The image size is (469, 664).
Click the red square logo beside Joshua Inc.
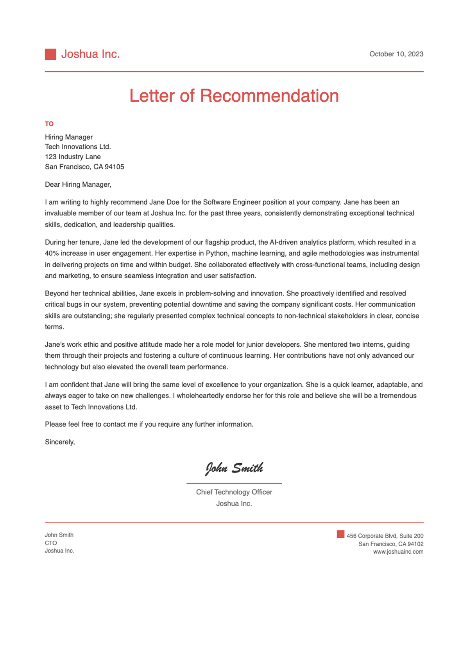pyautogui.click(x=50, y=54)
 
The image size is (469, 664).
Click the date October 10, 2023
pyautogui.click(x=396, y=54)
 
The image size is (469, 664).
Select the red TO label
pyautogui.click(x=49, y=124)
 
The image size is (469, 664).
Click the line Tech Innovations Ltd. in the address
pyautogui.click(x=78, y=147)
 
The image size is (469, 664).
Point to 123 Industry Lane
pyautogui.click(x=73, y=157)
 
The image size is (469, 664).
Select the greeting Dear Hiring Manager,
pyautogui.click(x=78, y=185)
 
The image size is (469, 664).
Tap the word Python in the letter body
pyautogui.click(x=217, y=254)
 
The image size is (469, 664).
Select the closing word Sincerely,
pyautogui.click(x=60, y=442)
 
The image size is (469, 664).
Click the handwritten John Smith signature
pyautogui.click(x=234, y=468)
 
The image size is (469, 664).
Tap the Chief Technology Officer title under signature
pyautogui.click(x=234, y=492)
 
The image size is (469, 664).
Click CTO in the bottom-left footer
pyautogui.click(x=51, y=543)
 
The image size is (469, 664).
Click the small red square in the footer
pyautogui.click(x=340, y=534)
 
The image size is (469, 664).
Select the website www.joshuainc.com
pyautogui.click(x=398, y=552)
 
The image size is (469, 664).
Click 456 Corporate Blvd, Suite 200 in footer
pyautogui.click(x=385, y=536)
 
